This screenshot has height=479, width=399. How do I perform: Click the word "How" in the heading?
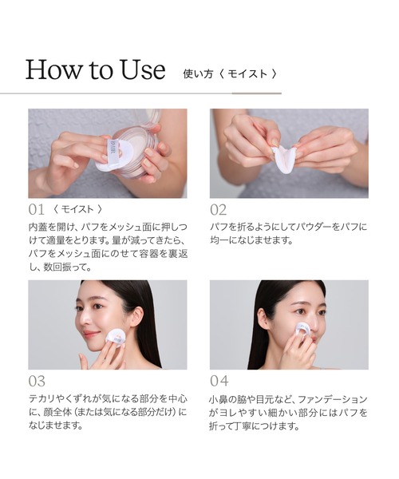54,70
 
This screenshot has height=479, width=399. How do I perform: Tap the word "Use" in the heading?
142,70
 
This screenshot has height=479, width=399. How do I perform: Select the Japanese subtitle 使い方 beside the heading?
198,74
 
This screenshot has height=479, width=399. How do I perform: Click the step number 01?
37,210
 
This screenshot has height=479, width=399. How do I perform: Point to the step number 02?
219,210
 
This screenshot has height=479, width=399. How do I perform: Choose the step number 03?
37,382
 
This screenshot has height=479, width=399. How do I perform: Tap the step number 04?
219,381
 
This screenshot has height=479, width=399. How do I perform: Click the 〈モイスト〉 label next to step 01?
78,209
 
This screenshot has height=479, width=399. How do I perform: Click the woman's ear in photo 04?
263,319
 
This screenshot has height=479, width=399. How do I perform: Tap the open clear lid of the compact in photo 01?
149,117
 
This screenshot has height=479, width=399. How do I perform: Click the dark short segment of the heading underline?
257,93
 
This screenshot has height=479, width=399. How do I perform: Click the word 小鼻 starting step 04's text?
219,399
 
